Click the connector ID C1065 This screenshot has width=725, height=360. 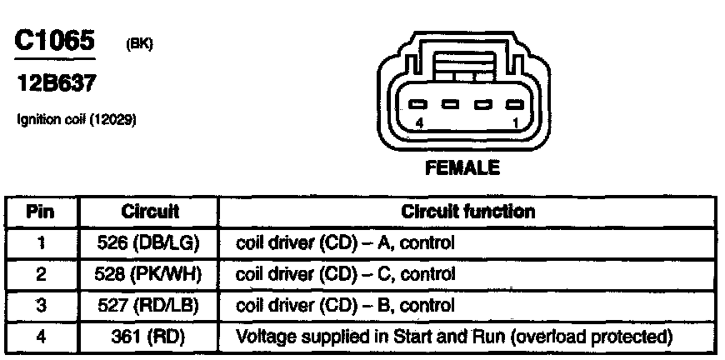pyautogui.click(x=53, y=42)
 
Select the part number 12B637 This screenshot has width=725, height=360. pyautogui.click(x=53, y=84)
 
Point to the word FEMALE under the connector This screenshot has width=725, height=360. pyautogui.click(x=462, y=167)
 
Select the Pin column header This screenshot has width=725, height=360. pyautogui.click(x=42, y=212)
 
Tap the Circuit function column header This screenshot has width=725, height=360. pyautogui.click(x=467, y=212)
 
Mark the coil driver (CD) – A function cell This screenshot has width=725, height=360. pyautogui.click(x=347, y=243)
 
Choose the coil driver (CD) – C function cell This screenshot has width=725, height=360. pyautogui.click(x=347, y=273)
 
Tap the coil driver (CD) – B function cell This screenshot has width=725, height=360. pyautogui.click(x=347, y=304)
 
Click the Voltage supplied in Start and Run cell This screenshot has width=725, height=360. pyautogui.click(x=455, y=338)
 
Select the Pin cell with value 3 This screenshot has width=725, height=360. pyautogui.click(x=42, y=304)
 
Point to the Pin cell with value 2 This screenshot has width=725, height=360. pyautogui.click(x=42, y=273)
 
